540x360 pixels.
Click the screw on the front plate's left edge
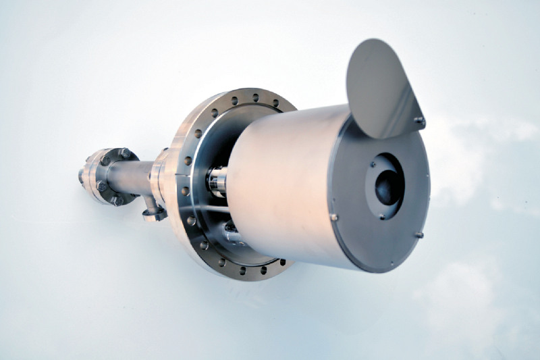click(x=333, y=217)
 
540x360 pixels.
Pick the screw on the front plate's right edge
click(x=419, y=236)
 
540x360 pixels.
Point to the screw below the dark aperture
click(x=382, y=217)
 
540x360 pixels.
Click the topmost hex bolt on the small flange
click(x=126, y=153)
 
